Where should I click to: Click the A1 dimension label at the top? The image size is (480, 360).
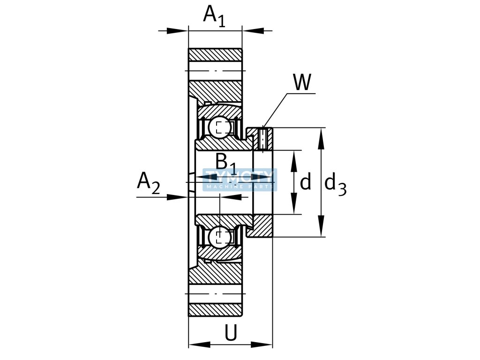214,15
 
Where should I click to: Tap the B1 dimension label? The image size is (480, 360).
226,162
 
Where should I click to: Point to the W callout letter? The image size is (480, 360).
302,83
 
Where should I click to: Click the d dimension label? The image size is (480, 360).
306,182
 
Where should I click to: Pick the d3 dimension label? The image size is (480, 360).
335,184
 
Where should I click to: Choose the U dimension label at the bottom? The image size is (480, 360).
230,333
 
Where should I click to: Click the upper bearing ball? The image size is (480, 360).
219,127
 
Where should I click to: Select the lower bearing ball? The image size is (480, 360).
219,237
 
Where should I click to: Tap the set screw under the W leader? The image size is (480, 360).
263,139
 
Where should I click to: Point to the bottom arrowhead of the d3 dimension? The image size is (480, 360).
321,232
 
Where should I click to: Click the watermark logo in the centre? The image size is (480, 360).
240,180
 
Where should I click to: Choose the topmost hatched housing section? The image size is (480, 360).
215,55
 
